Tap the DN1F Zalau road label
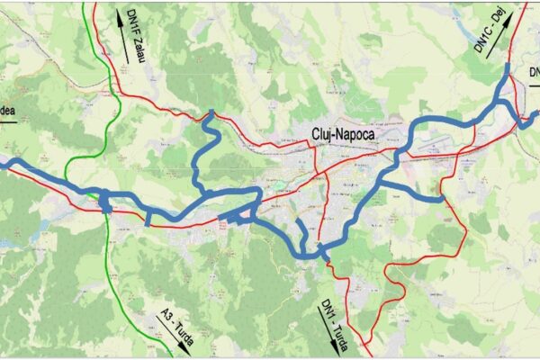[136, 37]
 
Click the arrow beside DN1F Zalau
[121, 36]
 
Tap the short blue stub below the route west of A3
[147, 219]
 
